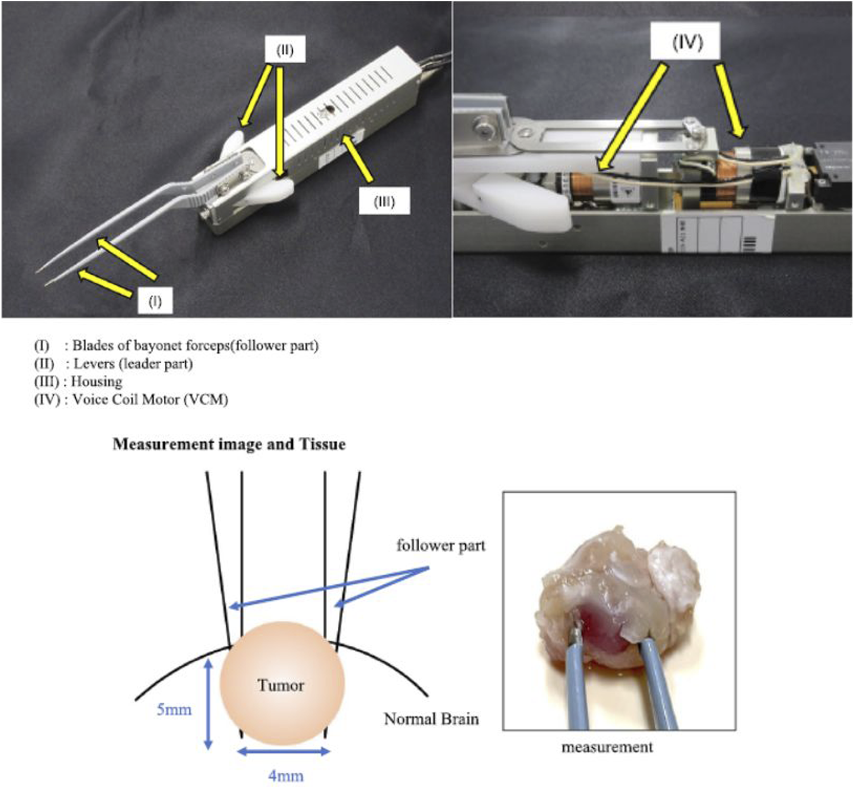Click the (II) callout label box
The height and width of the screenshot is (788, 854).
(285, 49)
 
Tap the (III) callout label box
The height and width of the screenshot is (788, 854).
(384, 201)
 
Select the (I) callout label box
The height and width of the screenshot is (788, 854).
(155, 301)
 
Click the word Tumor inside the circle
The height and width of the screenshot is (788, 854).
(281, 685)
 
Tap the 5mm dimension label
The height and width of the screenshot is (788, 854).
(174, 710)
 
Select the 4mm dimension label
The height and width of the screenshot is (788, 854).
(286, 776)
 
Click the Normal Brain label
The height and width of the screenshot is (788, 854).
(431, 719)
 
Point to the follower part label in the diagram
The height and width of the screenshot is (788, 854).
(441, 546)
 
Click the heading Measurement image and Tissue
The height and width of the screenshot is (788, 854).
(229, 444)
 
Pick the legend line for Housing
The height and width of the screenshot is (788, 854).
(79, 382)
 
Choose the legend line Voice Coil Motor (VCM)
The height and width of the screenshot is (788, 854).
(131, 400)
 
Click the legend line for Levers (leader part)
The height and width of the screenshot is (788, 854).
(113, 364)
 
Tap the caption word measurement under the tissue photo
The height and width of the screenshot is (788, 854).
(607, 747)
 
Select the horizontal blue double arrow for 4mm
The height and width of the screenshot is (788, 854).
(284, 752)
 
